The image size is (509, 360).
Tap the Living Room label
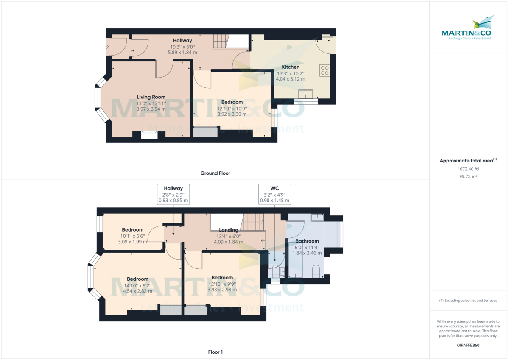pyautogui.click(x=151, y=97)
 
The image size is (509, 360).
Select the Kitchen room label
pyautogui.click(x=291, y=67)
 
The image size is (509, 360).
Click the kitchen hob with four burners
pyautogui.click(x=325, y=70)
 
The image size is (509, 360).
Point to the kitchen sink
pyautogui.click(x=305, y=94)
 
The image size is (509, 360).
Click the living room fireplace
pyautogui.click(x=149, y=134)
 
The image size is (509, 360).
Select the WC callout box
pyautogui.click(x=274, y=194)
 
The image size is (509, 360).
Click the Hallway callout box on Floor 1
pyautogui.click(x=173, y=194)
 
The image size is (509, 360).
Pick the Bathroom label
pyautogui.click(x=307, y=241)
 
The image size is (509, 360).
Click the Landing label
pyautogui.click(x=228, y=230)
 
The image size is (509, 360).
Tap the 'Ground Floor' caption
pyautogui.click(x=215, y=173)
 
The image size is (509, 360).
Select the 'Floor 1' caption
pyautogui.click(x=215, y=352)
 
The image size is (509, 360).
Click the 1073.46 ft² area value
pyautogui.click(x=468, y=169)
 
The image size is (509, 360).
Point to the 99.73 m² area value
pyautogui.click(x=468, y=176)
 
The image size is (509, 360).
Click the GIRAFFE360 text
pyautogui.click(x=468, y=345)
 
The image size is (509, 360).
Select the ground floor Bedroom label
pyautogui.click(x=232, y=102)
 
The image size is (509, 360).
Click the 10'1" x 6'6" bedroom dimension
pyautogui.click(x=133, y=236)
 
